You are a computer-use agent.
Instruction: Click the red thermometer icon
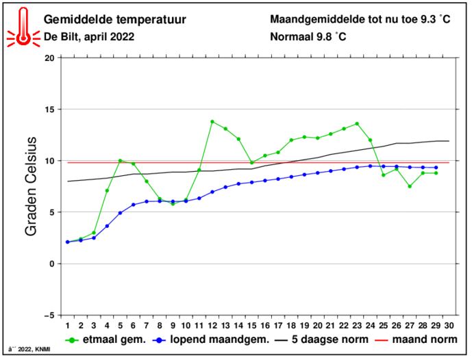click(23, 27)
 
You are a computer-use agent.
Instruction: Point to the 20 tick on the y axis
click(49, 58)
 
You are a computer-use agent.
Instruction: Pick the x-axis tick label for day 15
click(251, 326)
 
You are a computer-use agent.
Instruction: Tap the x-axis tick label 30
click(449, 326)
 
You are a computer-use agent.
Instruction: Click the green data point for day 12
click(212, 122)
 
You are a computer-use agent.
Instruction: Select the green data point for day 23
click(357, 124)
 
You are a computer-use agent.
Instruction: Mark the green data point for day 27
click(410, 186)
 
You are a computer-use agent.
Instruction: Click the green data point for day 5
click(120, 161)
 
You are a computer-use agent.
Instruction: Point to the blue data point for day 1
click(68, 242)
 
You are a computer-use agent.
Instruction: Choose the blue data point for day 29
click(436, 168)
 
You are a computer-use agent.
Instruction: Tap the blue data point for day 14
click(238, 183)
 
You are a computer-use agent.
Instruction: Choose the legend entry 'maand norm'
click(422, 340)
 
